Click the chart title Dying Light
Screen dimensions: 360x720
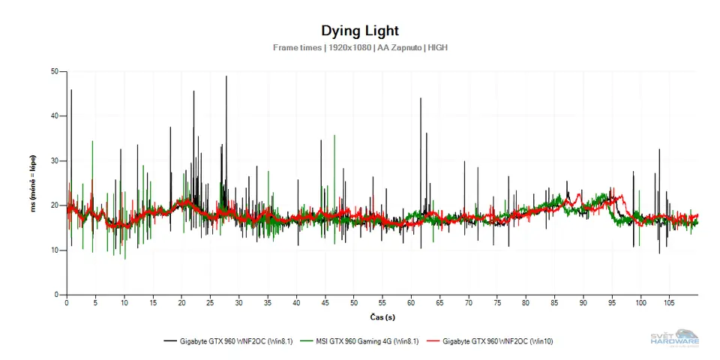coord(360,31)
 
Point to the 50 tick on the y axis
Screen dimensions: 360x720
coord(55,71)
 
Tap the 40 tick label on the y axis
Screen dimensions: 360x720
coord(55,116)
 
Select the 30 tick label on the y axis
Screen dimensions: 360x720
coord(55,160)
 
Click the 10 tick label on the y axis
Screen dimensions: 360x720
coord(55,250)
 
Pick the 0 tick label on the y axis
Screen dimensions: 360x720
coord(57,295)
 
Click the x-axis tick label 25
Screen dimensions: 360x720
coord(211,303)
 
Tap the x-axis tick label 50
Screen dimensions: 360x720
coord(354,303)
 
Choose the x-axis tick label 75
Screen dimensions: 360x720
coord(497,303)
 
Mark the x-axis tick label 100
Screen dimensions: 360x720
coord(640,303)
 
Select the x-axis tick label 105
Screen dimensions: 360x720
coord(669,303)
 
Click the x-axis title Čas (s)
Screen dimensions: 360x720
coord(382,317)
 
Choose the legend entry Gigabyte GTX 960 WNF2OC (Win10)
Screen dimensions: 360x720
coord(498,340)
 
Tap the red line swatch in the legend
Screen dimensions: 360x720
coord(432,340)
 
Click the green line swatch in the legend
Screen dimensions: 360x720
coord(305,340)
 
